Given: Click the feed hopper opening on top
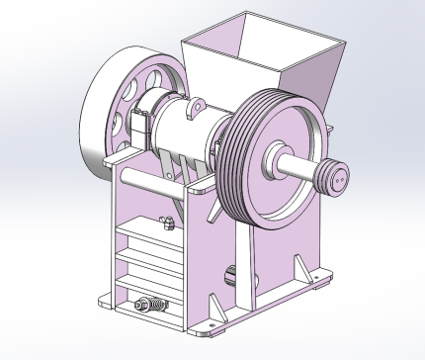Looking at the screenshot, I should (x=265, y=41).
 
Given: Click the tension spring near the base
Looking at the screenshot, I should (x=150, y=306).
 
